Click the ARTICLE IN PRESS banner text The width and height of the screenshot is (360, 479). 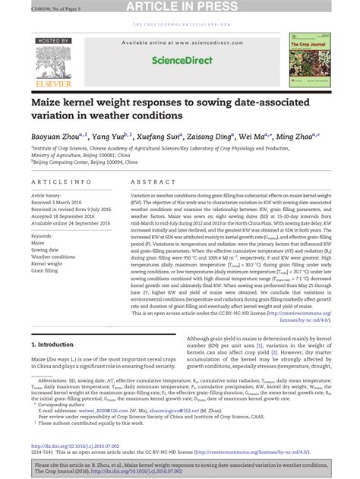click(x=179, y=8)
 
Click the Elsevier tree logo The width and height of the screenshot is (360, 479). click(x=52, y=67)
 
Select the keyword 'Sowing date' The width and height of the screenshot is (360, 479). click(x=46, y=249)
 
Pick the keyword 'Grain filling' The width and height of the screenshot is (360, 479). click(x=45, y=270)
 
